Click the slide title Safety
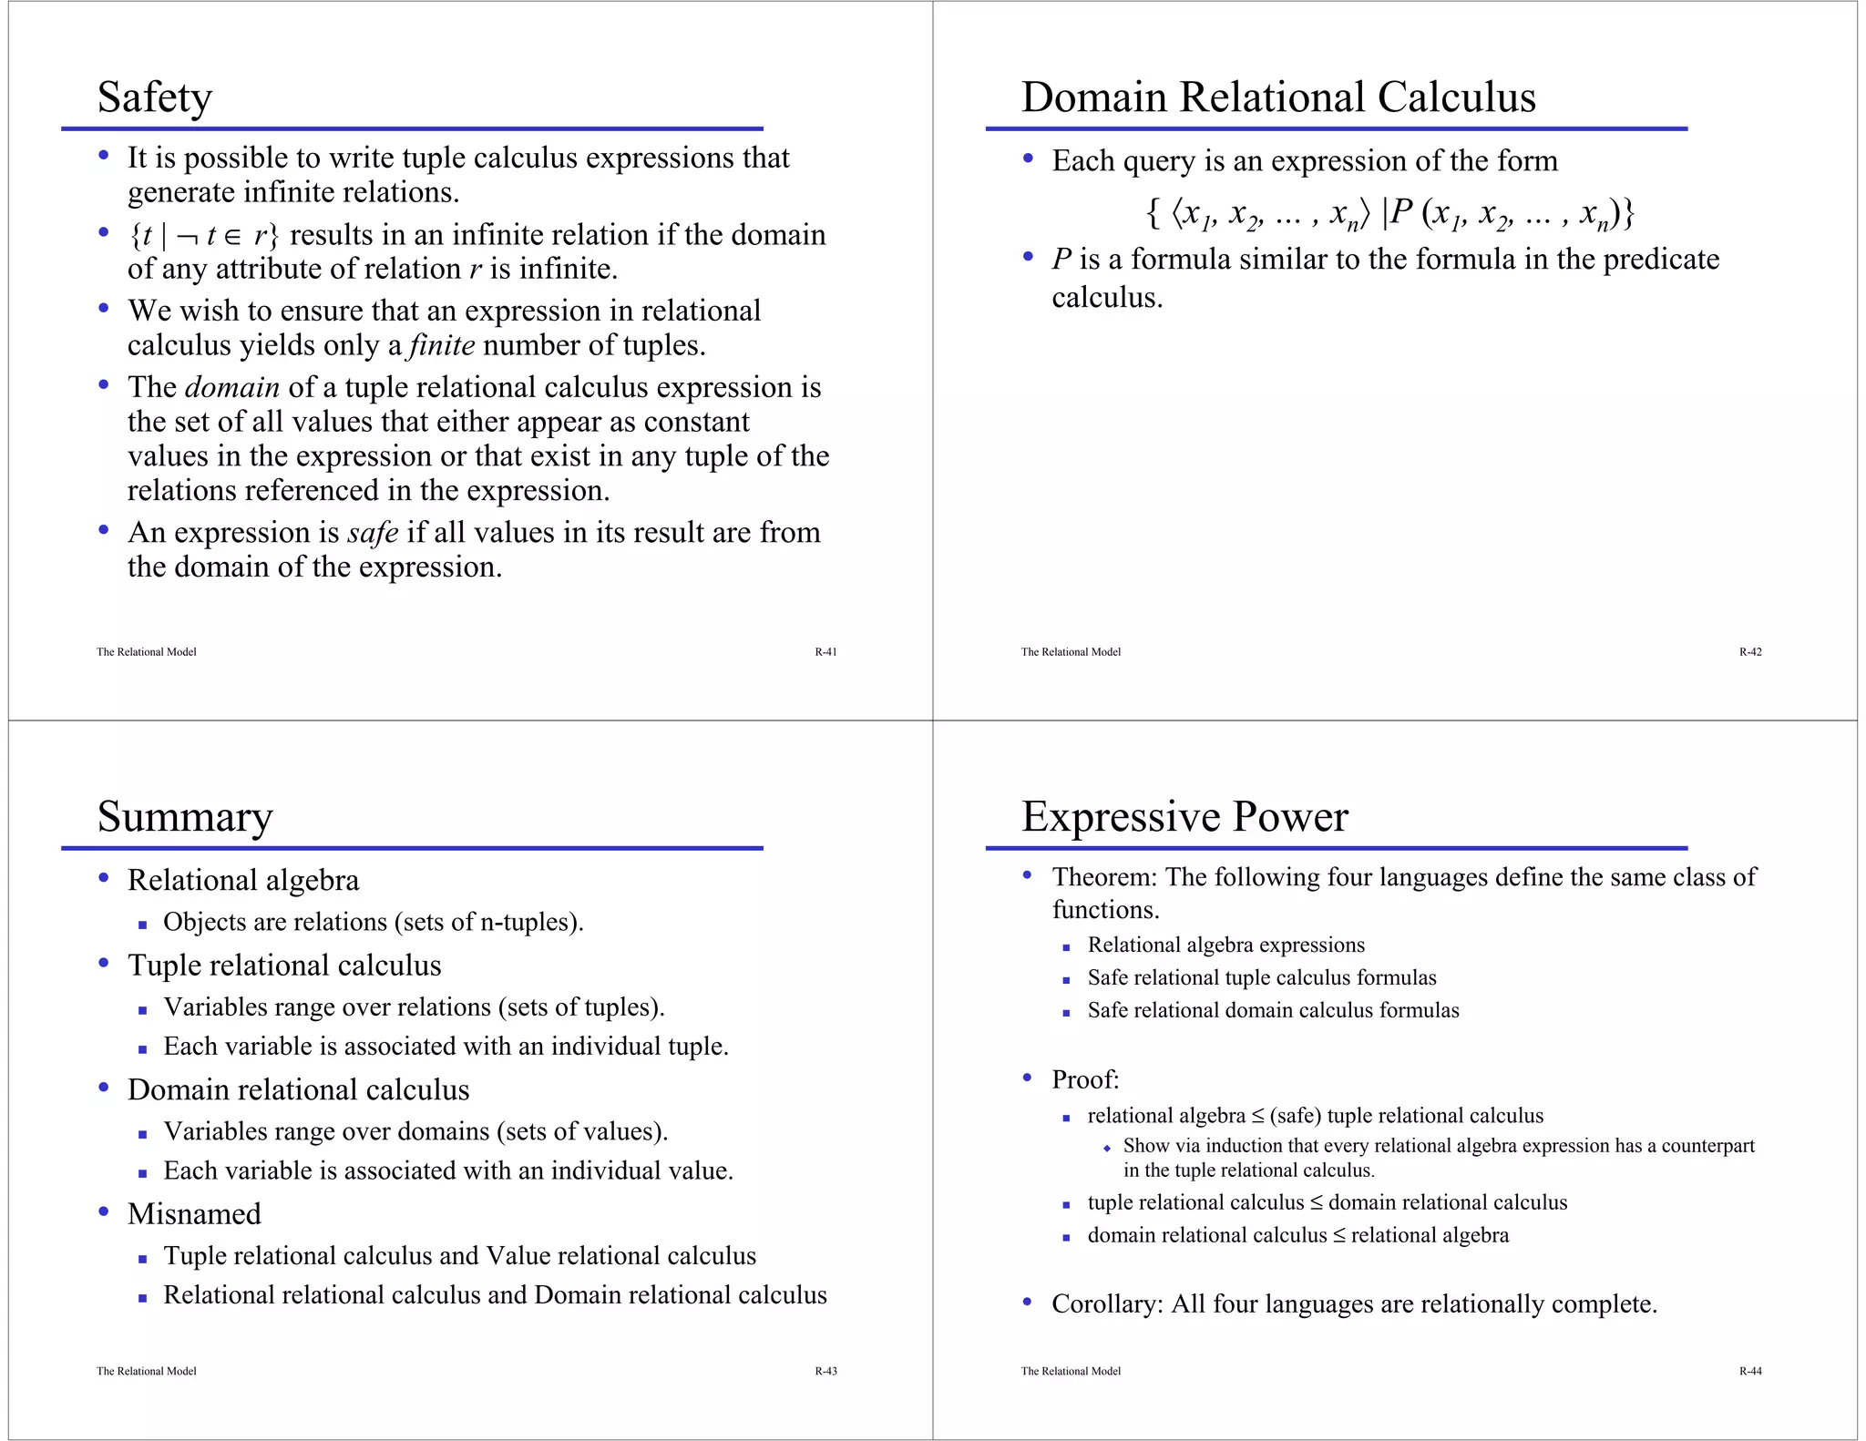tap(154, 97)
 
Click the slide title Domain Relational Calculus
tap(1277, 97)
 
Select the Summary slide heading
tap(184, 816)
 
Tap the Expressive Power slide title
tap(1184, 816)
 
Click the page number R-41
tap(825, 652)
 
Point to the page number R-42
tap(1749, 652)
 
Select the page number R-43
tap(825, 1371)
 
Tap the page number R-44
tap(1749, 1371)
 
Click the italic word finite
tap(442, 346)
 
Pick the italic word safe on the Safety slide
tap(373, 533)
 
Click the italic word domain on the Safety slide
tap(231, 388)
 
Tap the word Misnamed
tap(194, 1214)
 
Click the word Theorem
tap(1102, 877)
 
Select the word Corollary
tap(1106, 1304)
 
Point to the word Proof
tap(1084, 1080)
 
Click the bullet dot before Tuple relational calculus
tap(104, 963)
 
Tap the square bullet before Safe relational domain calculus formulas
tap(1065, 1013)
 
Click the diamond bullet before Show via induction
tap(1106, 1148)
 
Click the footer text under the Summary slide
tap(146, 1371)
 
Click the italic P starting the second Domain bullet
tap(1061, 260)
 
